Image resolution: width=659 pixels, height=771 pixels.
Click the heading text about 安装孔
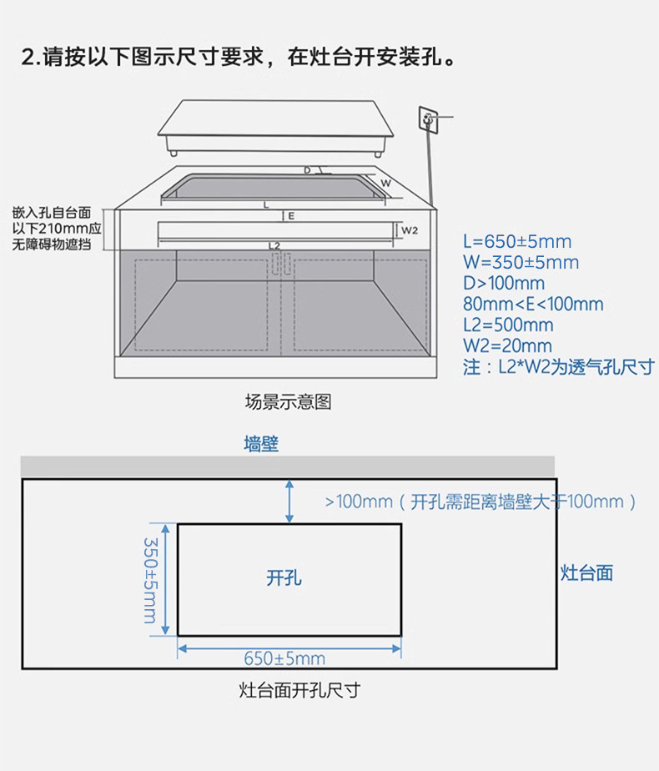(x=240, y=58)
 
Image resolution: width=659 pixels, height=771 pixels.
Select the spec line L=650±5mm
(x=517, y=242)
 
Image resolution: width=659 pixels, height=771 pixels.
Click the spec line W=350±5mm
(x=521, y=263)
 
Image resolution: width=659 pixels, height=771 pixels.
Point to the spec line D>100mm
(x=504, y=284)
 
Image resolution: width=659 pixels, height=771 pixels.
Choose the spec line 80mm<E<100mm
(x=533, y=305)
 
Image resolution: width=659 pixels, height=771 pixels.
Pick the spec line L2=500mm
(x=508, y=325)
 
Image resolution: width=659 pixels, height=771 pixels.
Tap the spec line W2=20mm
(x=507, y=345)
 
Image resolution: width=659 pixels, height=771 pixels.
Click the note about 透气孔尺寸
(x=558, y=367)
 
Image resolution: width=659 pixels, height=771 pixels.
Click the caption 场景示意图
(x=288, y=402)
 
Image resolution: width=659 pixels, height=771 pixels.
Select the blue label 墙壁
(x=261, y=444)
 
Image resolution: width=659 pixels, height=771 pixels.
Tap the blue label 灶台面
(x=586, y=572)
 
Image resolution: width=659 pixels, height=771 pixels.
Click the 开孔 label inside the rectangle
(x=284, y=577)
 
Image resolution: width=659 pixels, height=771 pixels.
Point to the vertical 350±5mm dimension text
(x=151, y=579)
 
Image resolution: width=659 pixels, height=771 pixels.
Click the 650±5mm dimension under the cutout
(x=284, y=658)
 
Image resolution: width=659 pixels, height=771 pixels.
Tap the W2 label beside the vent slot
(x=410, y=229)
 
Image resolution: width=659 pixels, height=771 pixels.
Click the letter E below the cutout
(x=291, y=216)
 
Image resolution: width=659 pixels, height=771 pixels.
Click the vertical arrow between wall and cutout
(x=289, y=501)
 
